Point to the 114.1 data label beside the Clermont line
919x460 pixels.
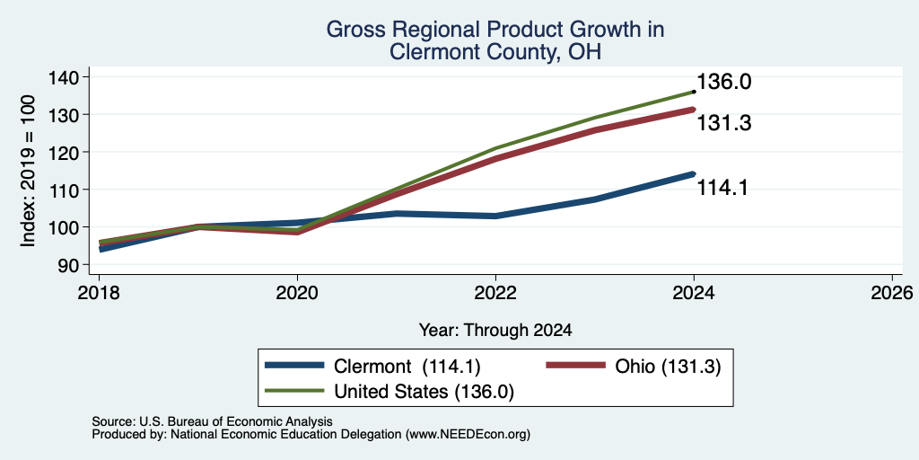pos(722,188)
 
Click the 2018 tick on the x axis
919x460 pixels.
pos(99,292)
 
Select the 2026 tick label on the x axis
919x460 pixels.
pos(892,292)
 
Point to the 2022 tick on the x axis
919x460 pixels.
pos(495,292)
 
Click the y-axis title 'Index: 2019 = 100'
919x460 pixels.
pos(28,171)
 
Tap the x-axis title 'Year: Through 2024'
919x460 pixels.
pos(495,331)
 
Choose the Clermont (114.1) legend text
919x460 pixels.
pos(407,367)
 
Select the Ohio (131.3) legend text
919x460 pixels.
pos(668,367)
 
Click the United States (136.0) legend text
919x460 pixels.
pos(424,392)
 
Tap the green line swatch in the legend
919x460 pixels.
pos(294,391)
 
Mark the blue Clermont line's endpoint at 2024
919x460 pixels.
pos(694,173)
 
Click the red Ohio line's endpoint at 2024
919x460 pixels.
pos(694,109)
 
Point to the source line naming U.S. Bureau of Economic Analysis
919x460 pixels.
pos(212,421)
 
